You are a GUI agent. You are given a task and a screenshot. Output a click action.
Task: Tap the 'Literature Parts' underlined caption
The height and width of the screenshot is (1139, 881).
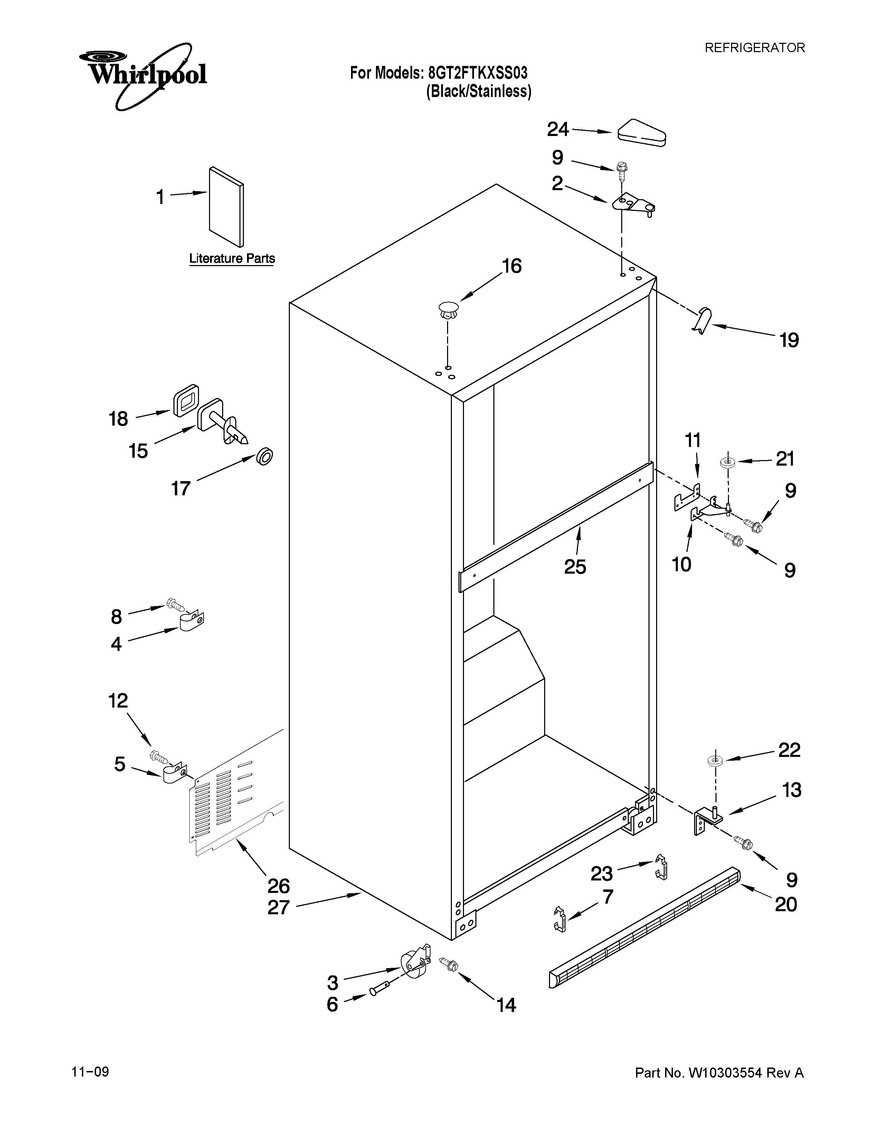click(x=232, y=259)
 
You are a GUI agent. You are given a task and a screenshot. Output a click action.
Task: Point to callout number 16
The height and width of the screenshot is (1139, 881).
click(x=511, y=266)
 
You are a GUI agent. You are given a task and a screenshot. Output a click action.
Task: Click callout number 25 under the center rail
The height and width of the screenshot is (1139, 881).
click(x=575, y=566)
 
